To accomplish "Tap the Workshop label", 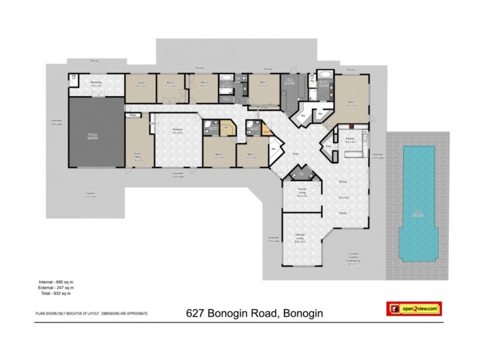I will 95,83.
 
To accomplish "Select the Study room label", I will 141,84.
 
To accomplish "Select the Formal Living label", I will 302,193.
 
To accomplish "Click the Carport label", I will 90,194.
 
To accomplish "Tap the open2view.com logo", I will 413,308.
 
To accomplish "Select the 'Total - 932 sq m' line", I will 53,294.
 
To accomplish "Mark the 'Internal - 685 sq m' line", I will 55,282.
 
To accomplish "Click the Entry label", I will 295,154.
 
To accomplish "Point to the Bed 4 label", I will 219,155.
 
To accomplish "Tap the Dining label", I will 343,181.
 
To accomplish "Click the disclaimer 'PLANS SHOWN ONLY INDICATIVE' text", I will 90,313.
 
